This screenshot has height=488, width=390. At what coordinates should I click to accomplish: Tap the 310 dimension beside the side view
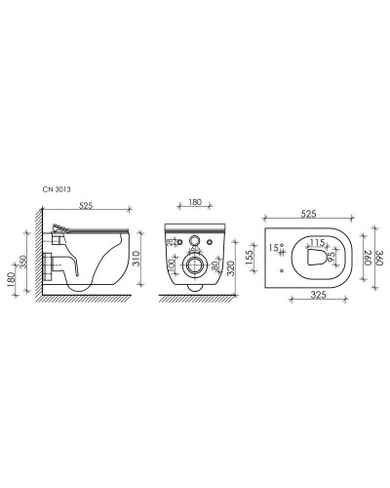point(136,259)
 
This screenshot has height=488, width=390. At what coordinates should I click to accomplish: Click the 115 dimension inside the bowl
point(316,243)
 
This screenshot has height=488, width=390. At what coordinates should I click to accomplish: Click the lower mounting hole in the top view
point(280,268)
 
